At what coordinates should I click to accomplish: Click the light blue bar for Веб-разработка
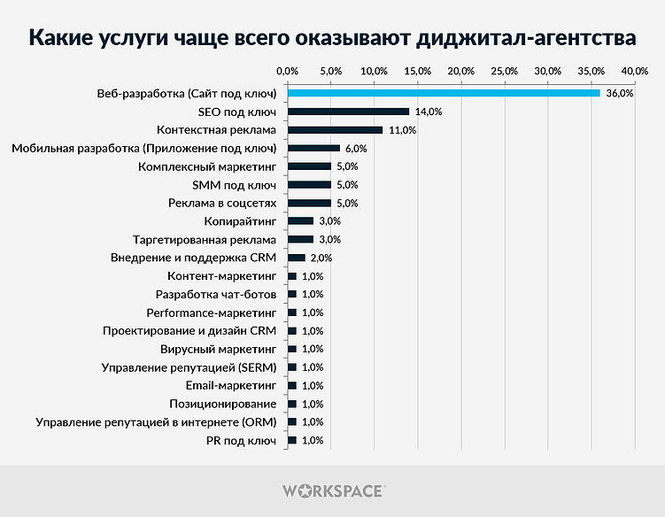click(443, 93)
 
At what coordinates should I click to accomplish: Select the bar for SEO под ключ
click(348, 112)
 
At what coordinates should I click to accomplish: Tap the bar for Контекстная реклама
click(335, 130)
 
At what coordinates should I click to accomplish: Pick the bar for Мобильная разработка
click(313, 148)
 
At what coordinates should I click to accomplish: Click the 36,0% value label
click(619, 93)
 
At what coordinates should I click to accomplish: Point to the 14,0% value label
click(428, 112)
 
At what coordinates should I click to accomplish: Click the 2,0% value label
click(321, 258)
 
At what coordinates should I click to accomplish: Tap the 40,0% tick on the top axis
click(635, 70)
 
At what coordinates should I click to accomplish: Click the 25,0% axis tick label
click(504, 70)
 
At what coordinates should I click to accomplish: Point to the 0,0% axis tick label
click(287, 70)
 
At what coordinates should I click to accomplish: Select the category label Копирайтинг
click(240, 221)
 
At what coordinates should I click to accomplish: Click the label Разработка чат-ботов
click(216, 294)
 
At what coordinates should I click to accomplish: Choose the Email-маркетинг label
click(231, 385)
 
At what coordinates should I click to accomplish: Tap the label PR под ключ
click(242, 440)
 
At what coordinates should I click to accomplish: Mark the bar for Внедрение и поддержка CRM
click(297, 258)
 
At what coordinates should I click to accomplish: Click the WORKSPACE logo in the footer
click(333, 490)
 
